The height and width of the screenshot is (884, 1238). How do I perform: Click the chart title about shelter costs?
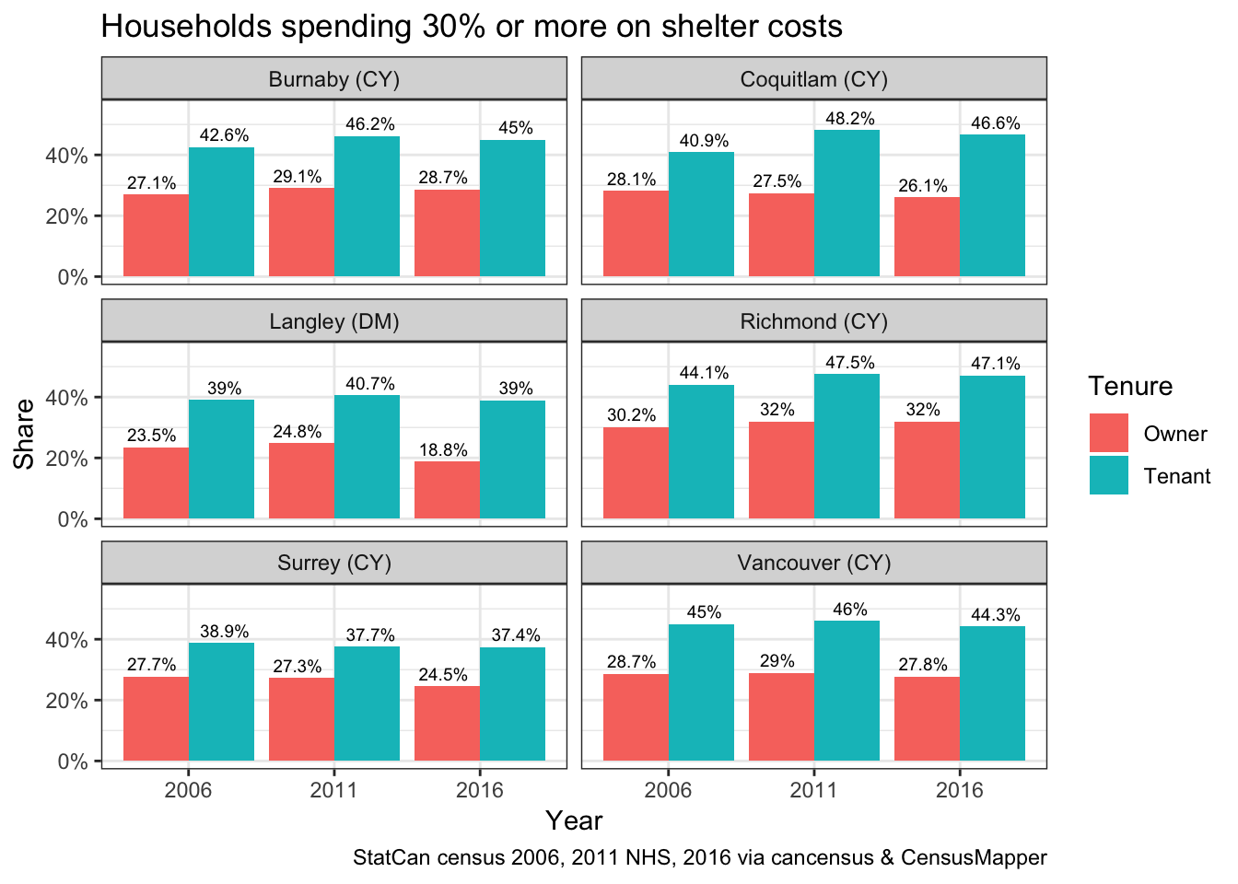coord(471,27)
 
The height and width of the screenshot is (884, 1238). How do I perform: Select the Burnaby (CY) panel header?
coord(333,79)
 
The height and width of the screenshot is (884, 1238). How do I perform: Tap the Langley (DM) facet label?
coord(333,321)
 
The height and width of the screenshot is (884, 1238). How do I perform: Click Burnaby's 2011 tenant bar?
coord(367,206)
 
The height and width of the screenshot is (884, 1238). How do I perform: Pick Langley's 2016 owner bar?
coord(447,489)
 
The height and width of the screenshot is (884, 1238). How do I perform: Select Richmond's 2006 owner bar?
coord(636,472)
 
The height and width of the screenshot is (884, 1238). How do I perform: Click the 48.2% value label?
coord(849,119)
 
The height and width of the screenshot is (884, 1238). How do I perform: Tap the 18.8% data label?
coord(443,450)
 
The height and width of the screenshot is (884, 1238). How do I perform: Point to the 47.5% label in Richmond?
coord(849,363)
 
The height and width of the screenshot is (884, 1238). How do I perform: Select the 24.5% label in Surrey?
coord(443,675)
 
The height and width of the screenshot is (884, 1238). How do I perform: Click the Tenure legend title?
coord(1130,386)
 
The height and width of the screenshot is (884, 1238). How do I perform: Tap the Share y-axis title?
coord(25,433)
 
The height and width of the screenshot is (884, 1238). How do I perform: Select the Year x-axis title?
coord(574,820)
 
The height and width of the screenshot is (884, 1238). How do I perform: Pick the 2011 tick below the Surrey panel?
coord(333,790)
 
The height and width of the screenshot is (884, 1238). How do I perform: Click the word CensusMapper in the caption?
coord(974,858)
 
